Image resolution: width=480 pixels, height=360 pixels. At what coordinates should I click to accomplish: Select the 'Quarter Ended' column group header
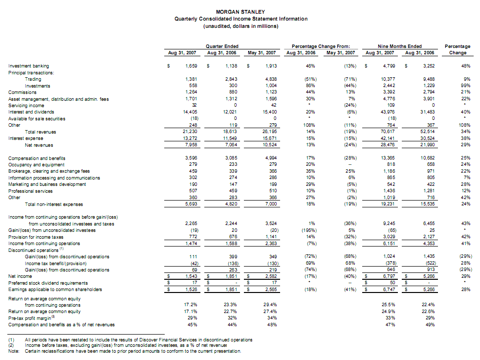[x=222, y=46]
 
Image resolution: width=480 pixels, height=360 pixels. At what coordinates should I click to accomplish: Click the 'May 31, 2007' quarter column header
[x=262, y=52]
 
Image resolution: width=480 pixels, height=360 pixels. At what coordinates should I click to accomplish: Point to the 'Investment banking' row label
[x=29, y=66]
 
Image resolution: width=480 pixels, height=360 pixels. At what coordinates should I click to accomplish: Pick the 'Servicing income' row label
[x=26, y=105]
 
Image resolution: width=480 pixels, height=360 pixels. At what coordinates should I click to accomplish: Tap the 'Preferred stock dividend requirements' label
[x=48, y=283]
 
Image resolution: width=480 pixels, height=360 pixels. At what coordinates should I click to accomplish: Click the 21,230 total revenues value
[x=188, y=132]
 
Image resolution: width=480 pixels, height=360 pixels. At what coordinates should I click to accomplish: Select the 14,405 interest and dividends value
[x=188, y=112]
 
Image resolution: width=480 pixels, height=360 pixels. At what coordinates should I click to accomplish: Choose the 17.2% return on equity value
[x=189, y=305]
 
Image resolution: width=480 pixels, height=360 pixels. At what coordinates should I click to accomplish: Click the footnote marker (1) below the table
[x=12, y=339]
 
